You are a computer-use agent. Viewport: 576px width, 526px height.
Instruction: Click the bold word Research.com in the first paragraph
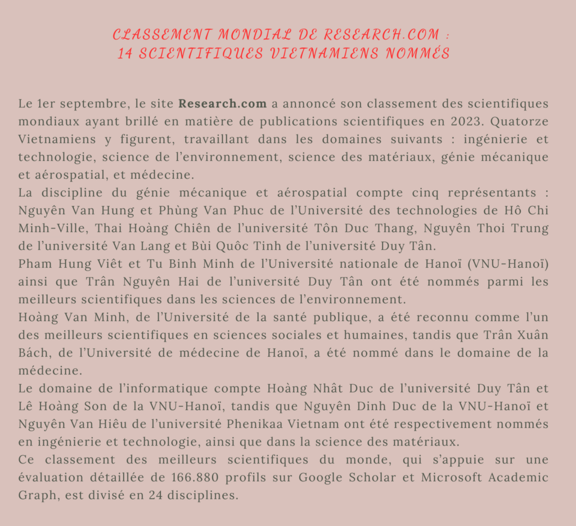[x=222, y=104]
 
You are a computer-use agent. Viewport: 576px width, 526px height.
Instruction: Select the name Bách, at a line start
[x=35, y=353]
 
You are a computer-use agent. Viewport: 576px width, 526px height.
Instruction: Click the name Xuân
[x=530, y=335]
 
